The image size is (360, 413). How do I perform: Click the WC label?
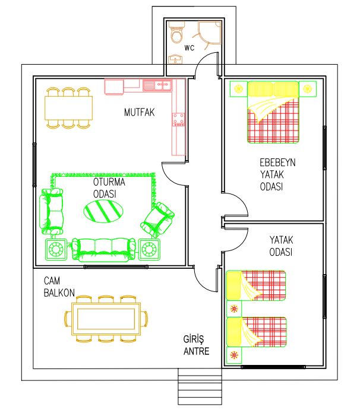[x=190, y=47]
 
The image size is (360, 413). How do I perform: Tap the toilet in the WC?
[x=176, y=32]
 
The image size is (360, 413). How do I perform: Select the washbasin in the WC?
[x=175, y=59]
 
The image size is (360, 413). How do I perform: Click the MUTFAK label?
[x=139, y=112]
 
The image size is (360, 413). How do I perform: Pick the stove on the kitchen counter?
[x=179, y=119]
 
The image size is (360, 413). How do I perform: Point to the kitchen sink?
[x=157, y=85]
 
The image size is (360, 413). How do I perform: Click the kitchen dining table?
[x=68, y=108]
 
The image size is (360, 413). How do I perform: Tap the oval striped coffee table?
[x=103, y=211]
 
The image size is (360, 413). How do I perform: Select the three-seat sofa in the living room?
[x=103, y=250]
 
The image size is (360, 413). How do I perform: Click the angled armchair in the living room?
[x=157, y=220]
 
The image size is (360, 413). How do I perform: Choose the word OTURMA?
[x=109, y=182]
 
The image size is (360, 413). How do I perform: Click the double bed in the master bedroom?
[x=273, y=112]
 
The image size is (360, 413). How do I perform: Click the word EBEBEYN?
[x=277, y=163]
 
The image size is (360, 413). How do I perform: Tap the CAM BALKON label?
[x=59, y=287]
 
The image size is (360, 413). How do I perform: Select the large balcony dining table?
[x=106, y=319]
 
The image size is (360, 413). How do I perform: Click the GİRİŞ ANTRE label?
[x=197, y=345]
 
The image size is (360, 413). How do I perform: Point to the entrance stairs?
[x=200, y=386]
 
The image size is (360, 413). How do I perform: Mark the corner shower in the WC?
[x=210, y=32]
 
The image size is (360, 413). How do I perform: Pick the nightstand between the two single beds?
[x=234, y=309]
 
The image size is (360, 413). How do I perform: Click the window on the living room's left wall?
[x=34, y=165]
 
